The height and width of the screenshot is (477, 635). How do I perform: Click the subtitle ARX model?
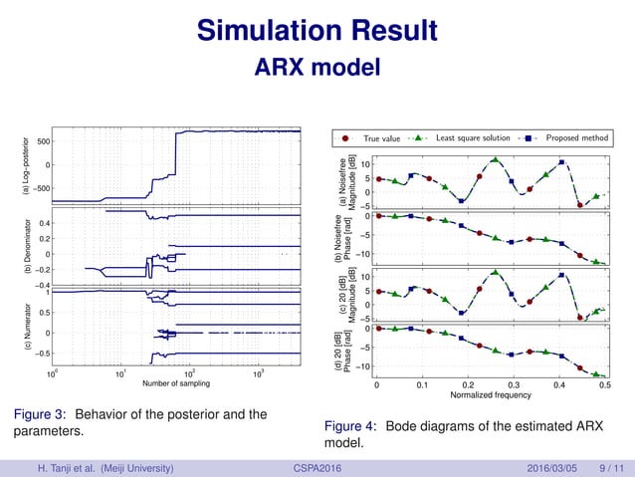(317, 68)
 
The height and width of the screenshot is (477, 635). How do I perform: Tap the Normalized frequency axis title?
(492, 395)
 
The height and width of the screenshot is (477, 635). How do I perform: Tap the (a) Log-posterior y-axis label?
(15, 165)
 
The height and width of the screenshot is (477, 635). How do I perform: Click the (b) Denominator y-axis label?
(15, 245)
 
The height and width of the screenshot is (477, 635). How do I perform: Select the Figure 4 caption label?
(349, 426)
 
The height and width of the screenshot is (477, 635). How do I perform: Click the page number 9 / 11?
(606, 465)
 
